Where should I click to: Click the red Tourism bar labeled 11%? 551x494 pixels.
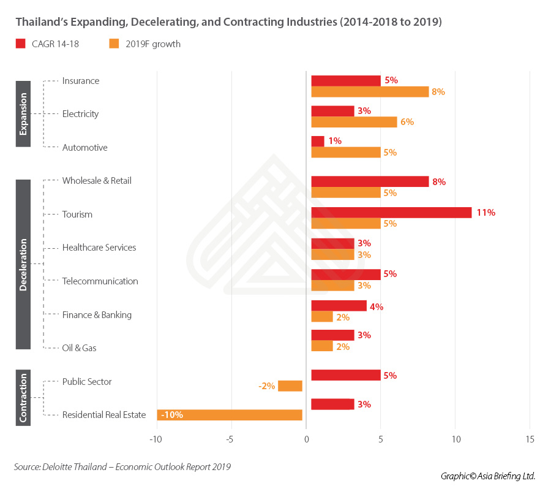(391, 213)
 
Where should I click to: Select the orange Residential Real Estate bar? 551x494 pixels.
(230, 415)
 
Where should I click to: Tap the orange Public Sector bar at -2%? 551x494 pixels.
(290, 386)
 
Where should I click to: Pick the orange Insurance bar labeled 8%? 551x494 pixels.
(370, 92)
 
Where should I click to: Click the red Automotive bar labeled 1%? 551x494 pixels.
(318, 141)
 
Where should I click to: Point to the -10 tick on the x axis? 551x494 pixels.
(156, 439)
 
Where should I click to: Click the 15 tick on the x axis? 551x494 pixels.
(530, 439)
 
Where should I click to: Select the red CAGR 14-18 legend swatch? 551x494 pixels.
(20, 44)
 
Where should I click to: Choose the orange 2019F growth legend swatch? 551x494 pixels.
(113, 44)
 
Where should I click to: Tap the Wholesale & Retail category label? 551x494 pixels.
(97, 181)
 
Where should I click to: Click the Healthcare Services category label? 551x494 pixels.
(99, 248)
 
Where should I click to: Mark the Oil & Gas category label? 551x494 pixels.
(79, 348)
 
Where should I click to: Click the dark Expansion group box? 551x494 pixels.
(23, 113)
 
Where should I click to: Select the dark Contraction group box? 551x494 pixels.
(23, 398)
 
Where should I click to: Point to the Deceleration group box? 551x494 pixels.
(23, 264)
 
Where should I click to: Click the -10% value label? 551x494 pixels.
(172, 415)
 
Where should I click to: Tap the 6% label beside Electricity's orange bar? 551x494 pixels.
(407, 122)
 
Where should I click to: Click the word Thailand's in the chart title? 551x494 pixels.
(38, 22)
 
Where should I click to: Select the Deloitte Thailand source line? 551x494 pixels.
(122, 467)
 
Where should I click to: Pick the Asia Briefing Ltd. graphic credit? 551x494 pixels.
(488, 476)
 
